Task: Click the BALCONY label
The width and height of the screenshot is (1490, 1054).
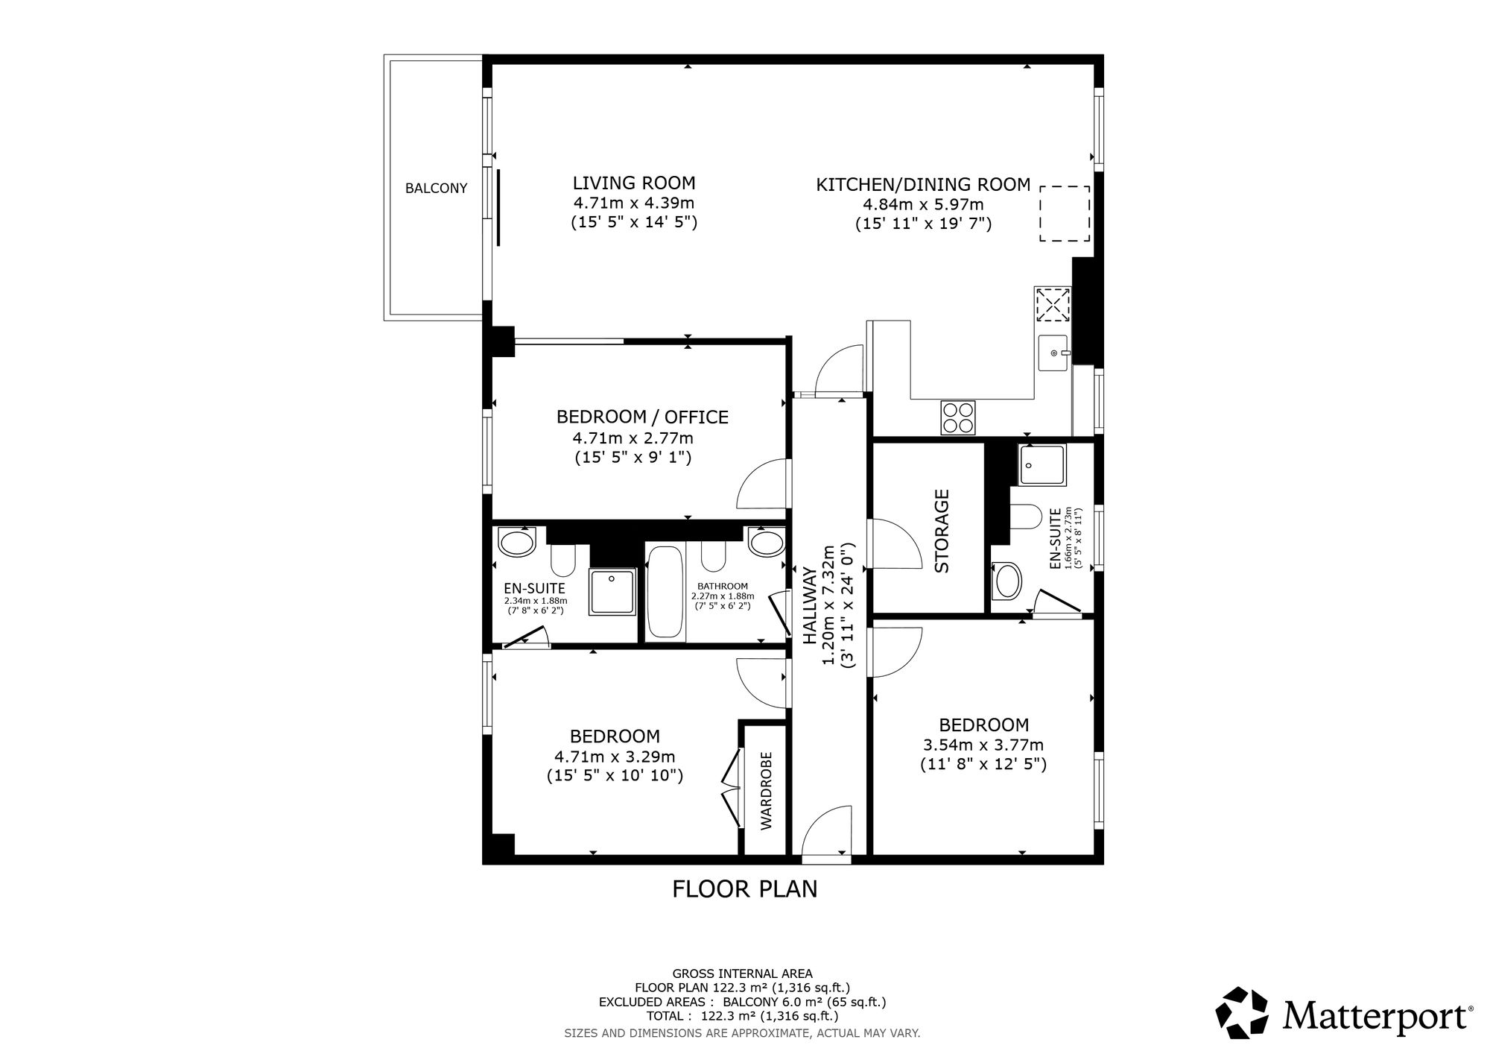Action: tap(436, 189)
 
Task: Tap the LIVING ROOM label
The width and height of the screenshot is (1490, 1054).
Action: tap(634, 183)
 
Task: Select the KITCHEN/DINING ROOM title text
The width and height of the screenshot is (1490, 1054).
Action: tap(923, 184)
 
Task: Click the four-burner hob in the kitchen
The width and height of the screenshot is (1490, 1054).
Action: tap(959, 417)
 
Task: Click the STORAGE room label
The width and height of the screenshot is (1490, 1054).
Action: tap(942, 530)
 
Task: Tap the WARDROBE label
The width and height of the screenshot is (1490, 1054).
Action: tap(766, 791)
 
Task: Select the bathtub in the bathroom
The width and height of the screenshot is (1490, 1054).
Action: tap(665, 593)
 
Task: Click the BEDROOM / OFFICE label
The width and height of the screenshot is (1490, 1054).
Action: tap(642, 417)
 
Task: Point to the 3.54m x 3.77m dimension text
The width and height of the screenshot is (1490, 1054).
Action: tap(983, 745)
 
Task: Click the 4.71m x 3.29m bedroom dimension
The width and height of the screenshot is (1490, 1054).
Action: tap(615, 757)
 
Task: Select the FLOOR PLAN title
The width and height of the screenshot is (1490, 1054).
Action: tap(745, 889)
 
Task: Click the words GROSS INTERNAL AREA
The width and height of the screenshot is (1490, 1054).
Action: tap(742, 973)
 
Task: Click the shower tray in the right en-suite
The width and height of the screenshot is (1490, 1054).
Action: tap(1043, 464)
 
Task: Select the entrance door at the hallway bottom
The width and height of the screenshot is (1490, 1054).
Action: tap(826, 833)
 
